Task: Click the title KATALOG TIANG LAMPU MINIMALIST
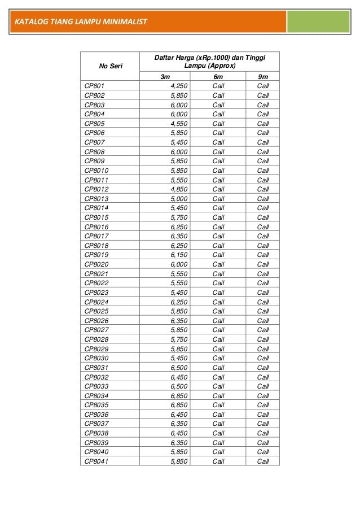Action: [80, 23]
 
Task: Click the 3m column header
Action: [165, 76]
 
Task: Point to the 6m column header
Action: [218, 76]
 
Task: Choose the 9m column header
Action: [263, 76]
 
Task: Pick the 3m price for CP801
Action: [179, 86]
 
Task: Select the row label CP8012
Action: [96, 189]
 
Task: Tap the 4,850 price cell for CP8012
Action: [179, 189]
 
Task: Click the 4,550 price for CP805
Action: [179, 123]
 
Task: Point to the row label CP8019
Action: [96, 255]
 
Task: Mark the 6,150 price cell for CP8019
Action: [179, 255]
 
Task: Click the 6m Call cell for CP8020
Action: [218, 264]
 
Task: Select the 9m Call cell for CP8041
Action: [263, 461]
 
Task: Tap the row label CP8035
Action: [96, 405]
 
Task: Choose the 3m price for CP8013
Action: [179, 199]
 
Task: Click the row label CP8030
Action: [96, 358]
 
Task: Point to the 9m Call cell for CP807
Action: [263, 142]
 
